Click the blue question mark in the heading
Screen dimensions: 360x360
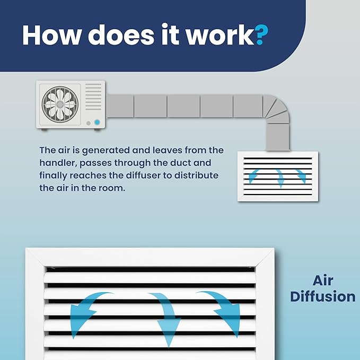tap(261, 34)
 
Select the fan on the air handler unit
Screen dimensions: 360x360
tap(60, 104)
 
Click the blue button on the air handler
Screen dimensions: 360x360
tap(97, 122)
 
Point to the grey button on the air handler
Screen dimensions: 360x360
tap(89, 124)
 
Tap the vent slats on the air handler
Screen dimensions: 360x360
tap(93, 96)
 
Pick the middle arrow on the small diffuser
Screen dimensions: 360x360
tap(280, 178)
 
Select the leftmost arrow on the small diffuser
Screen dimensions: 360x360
tap(254, 176)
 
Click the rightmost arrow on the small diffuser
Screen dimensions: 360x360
tap(301, 176)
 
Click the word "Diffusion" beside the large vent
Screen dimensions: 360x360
tap(323, 296)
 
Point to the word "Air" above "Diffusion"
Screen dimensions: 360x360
tap(323, 280)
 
